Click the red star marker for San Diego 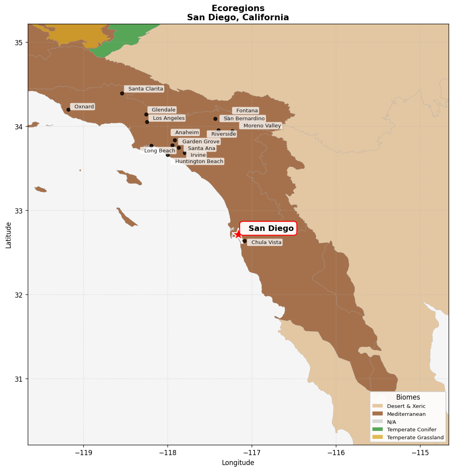pyautogui.click(x=238, y=234)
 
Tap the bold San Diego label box pyautogui.click(x=268, y=228)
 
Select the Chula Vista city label pyautogui.click(x=265, y=242)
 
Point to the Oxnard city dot pyautogui.click(x=68, y=110)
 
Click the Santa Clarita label pyautogui.click(x=145, y=89)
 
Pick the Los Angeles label pyautogui.click(x=168, y=118)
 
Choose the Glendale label pyautogui.click(x=162, y=110)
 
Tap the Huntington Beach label pyautogui.click(x=198, y=161)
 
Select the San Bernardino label pyautogui.click(x=243, y=118)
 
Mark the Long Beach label pyautogui.click(x=158, y=150)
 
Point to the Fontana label pyautogui.click(x=246, y=110)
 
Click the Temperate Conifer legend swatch pyautogui.click(x=378, y=429)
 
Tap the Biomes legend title pyautogui.click(x=408, y=397)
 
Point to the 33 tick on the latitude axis pyautogui.click(x=19, y=211)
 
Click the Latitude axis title pyautogui.click(x=8, y=235)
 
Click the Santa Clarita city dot pyautogui.click(x=122, y=93)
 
